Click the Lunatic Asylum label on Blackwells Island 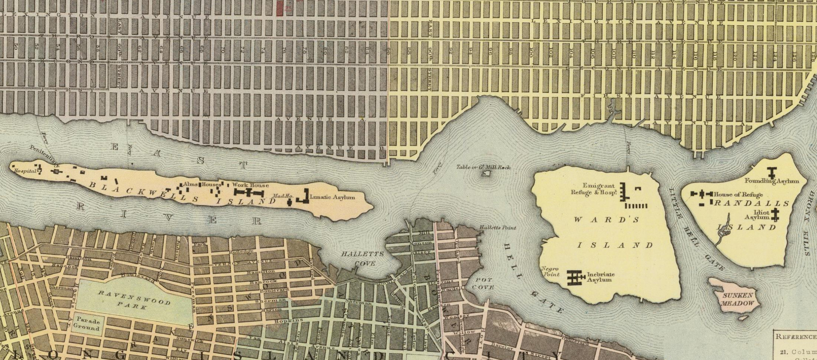[332, 197]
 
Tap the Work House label [250, 185]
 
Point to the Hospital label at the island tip [25, 171]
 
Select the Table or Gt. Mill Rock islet [486, 173]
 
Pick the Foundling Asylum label [772, 181]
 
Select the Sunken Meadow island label [738, 299]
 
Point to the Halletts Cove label [362, 259]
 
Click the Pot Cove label [483, 284]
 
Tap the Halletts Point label [497, 227]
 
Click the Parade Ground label [87, 324]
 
